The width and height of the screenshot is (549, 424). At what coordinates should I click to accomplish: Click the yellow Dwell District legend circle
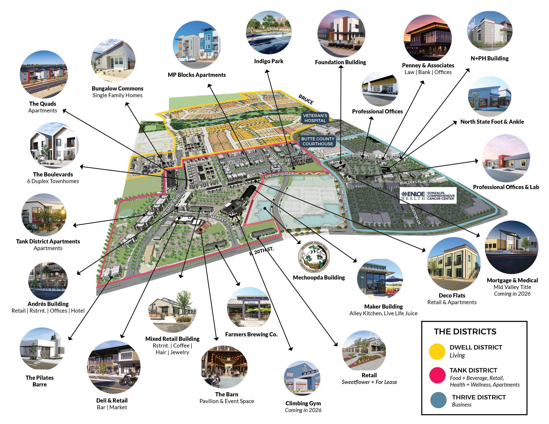click(x=437, y=351)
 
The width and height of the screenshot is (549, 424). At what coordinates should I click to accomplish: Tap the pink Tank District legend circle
click(x=437, y=375)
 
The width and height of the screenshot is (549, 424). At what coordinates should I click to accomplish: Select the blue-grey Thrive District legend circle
click(x=438, y=400)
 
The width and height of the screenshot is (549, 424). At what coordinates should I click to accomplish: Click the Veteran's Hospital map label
click(x=315, y=118)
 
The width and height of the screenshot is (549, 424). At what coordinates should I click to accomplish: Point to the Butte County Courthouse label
click(x=318, y=141)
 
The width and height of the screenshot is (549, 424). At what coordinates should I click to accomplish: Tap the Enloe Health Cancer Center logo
click(x=428, y=195)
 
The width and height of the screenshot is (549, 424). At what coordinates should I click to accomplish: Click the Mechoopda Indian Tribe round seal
click(x=314, y=257)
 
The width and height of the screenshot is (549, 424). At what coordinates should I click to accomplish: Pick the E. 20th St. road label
click(x=261, y=251)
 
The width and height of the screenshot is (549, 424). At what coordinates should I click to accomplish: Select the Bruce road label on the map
click(x=306, y=99)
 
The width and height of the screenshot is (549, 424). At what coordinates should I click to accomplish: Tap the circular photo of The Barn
click(x=224, y=367)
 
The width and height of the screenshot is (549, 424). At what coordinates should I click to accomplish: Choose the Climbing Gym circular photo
click(x=302, y=378)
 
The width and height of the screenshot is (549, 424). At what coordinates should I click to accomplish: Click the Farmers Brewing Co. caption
click(x=251, y=334)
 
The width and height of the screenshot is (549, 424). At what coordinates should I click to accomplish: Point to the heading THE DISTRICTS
click(x=465, y=332)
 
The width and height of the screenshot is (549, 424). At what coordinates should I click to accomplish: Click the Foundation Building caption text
click(x=340, y=62)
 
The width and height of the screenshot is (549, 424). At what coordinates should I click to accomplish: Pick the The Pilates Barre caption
click(x=40, y=381)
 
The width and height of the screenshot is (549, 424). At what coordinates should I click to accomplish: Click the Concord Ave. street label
click(x=344, y=198)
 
